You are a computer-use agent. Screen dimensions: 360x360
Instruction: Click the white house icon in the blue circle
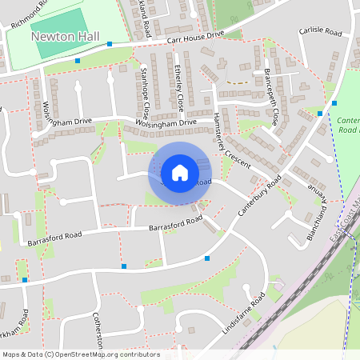tap(180, 172)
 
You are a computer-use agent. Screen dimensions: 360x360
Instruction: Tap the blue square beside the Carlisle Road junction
tap(334, 102)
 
